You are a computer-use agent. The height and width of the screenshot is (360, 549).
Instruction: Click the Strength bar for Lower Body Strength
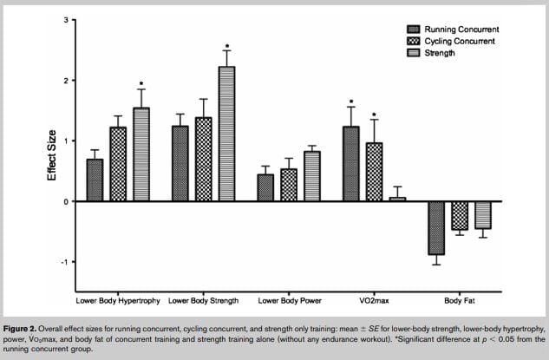pyautogui.click(x=225, y=134)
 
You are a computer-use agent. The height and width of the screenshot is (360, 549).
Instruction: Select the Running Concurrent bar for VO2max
pyautogui.click(x=351, y=164)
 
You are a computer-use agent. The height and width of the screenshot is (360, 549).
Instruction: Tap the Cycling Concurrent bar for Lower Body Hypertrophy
pyautogui.click(x=118, y=164)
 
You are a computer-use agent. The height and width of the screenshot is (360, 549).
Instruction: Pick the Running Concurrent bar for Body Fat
pyautogui.click(x=435, y=228)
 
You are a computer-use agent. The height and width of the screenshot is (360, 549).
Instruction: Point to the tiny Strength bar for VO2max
pyautogui.click(x=397, y=199)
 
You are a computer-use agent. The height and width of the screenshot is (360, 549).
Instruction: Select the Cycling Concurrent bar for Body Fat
pyautogui.click(x=459, y=215)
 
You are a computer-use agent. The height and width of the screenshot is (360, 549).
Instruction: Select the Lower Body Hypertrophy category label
pyautogui.click(x=117, y=300)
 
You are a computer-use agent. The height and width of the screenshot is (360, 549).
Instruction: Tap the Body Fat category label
pyautogui.click(x=460, y=300)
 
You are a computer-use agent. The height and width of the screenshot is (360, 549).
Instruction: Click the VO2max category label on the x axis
pyautogui.click(x=374, y=300)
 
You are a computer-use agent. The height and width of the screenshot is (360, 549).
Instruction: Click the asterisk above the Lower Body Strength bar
pyautogui.click(x=226, y=46)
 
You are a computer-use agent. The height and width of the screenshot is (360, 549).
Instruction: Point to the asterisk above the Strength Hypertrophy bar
pyautogui.click(x=141, y=85)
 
